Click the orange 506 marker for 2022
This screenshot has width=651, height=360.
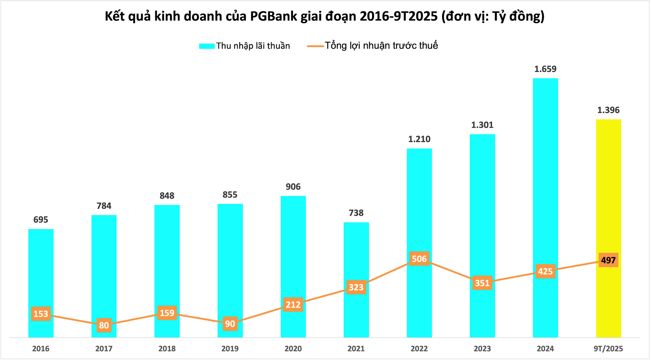click(419, 259)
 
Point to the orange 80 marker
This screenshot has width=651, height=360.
click(104, 325)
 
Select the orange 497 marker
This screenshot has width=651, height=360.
click(608, 260)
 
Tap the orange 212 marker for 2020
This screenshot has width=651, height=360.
click(293, 305)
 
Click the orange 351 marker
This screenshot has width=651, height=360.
click(482, 283)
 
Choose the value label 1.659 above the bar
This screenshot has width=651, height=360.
click(545, 69)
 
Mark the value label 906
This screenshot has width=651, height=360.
click(293, 187)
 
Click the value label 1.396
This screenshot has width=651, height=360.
click(608, 110)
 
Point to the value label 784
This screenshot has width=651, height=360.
click(104, 206)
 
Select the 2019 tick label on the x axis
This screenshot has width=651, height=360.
click(230, 348)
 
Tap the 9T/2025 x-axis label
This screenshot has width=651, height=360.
click(608, 348)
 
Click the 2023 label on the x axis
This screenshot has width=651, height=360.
click(482, 348)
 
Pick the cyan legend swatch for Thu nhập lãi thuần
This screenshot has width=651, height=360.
click(207, 46)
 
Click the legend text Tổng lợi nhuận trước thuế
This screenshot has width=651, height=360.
click(381, 45)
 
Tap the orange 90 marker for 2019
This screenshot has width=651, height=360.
click(230, 324)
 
